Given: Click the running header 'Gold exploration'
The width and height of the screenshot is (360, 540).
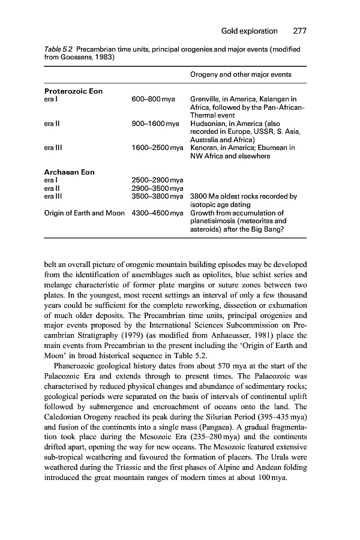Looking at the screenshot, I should tap(249, 31).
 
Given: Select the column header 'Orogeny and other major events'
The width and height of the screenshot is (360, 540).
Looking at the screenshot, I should tap(241, 74).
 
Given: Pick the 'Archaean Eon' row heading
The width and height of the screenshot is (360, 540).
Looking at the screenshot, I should tap(70, 172).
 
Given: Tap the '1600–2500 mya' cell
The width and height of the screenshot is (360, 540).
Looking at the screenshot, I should tap(157, 148).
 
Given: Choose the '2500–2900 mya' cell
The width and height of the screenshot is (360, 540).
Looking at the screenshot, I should tap(157, 180).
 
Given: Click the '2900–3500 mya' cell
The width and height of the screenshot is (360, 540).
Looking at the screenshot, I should tap(157, 188).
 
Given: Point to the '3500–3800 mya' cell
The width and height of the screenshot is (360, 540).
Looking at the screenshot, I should tap(157, 196).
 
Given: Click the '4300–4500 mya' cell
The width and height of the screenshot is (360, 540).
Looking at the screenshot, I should tap(157, 212).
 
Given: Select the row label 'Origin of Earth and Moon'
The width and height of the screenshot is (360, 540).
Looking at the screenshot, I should tap(85, 212).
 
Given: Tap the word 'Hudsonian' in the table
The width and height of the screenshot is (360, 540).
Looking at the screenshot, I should tap(208, 124).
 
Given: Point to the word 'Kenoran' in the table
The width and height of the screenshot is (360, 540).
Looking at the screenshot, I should tap(205, 148).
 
